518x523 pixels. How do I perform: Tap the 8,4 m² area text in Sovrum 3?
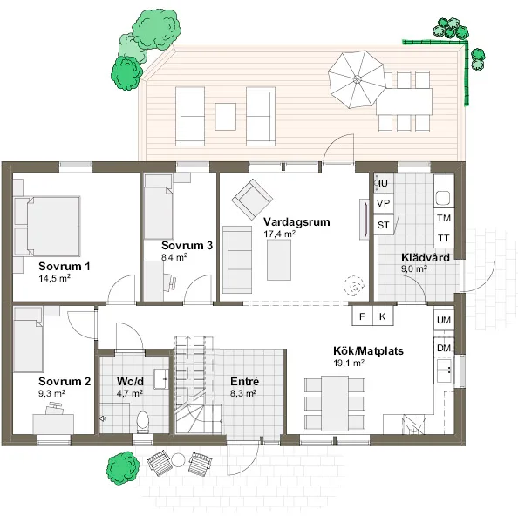[174, 258]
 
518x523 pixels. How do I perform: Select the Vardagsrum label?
[296, 222]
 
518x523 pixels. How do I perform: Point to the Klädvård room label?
[425, 258]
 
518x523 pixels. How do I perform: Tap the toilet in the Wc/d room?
[143, 422]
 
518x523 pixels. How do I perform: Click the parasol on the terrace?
[356, 76]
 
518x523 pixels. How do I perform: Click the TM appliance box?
[443, 218]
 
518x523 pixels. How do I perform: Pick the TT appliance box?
[443, 238]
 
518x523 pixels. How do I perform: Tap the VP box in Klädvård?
[383, 203]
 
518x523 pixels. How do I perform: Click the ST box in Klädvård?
[383, 225]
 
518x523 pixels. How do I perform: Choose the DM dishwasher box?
[443, 349]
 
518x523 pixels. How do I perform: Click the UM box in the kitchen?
[443, 321]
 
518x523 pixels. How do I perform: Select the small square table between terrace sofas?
[226, 115]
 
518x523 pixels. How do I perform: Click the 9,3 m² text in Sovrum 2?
[51, 394]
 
